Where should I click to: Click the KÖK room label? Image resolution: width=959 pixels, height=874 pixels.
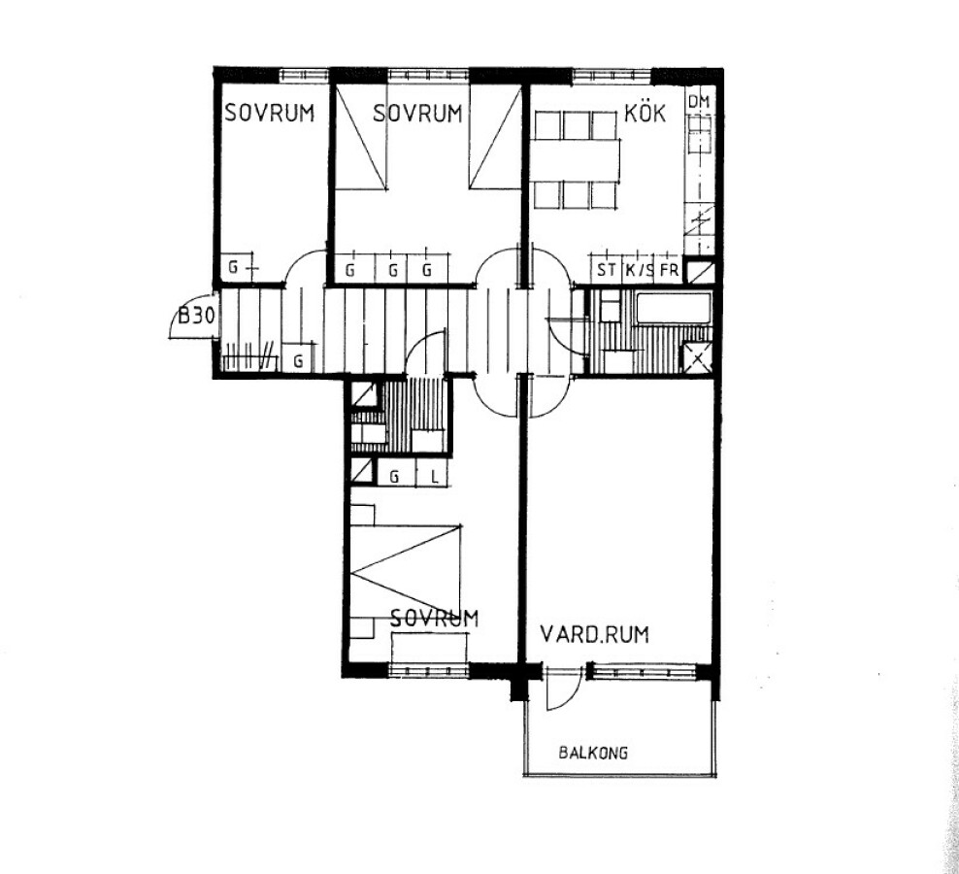[645, 113]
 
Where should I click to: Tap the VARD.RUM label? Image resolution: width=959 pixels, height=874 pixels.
[594, 634]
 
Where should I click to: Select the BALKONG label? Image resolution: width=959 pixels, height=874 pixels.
[593, 753]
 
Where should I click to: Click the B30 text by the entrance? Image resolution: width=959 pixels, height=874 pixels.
[196, 317]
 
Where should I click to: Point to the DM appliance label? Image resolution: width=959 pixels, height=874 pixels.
[699, 102]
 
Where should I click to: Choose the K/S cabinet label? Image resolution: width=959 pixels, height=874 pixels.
[639, 270]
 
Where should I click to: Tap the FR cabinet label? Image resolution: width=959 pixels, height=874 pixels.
[669, 270]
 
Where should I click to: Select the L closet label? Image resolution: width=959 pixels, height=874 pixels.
[434, 476]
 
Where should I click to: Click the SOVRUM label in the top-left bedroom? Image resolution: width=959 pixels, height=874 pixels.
[269, 113]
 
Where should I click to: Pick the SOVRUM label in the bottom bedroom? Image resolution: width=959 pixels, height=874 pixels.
[434, 618]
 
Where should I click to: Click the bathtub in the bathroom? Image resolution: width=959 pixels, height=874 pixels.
[674, 309]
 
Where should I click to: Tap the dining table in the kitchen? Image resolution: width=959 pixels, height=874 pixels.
[575, 159]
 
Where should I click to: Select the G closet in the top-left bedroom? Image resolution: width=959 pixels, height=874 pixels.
[236, 268]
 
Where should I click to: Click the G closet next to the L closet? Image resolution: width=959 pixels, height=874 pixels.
[394, 476]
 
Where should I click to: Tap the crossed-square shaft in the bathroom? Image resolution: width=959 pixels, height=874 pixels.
[697, 357]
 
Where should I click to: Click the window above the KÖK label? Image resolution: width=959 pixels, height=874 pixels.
[611, 76]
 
